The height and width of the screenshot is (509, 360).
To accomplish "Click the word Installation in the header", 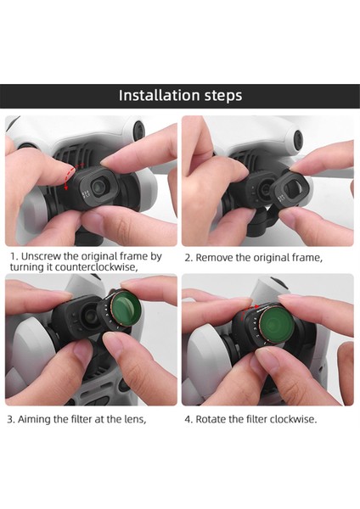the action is click(159, 95).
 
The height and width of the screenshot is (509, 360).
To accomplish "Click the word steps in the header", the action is click(223, 96).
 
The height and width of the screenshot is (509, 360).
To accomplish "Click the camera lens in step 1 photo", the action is click(98, 187).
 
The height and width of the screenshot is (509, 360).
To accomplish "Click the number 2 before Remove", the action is click(188, 258).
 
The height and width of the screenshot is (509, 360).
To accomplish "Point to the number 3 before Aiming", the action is click(10, 419).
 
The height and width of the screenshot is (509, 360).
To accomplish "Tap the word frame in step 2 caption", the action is click(307, 258).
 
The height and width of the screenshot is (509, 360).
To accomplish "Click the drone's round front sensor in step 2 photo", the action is click(298, 140).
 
